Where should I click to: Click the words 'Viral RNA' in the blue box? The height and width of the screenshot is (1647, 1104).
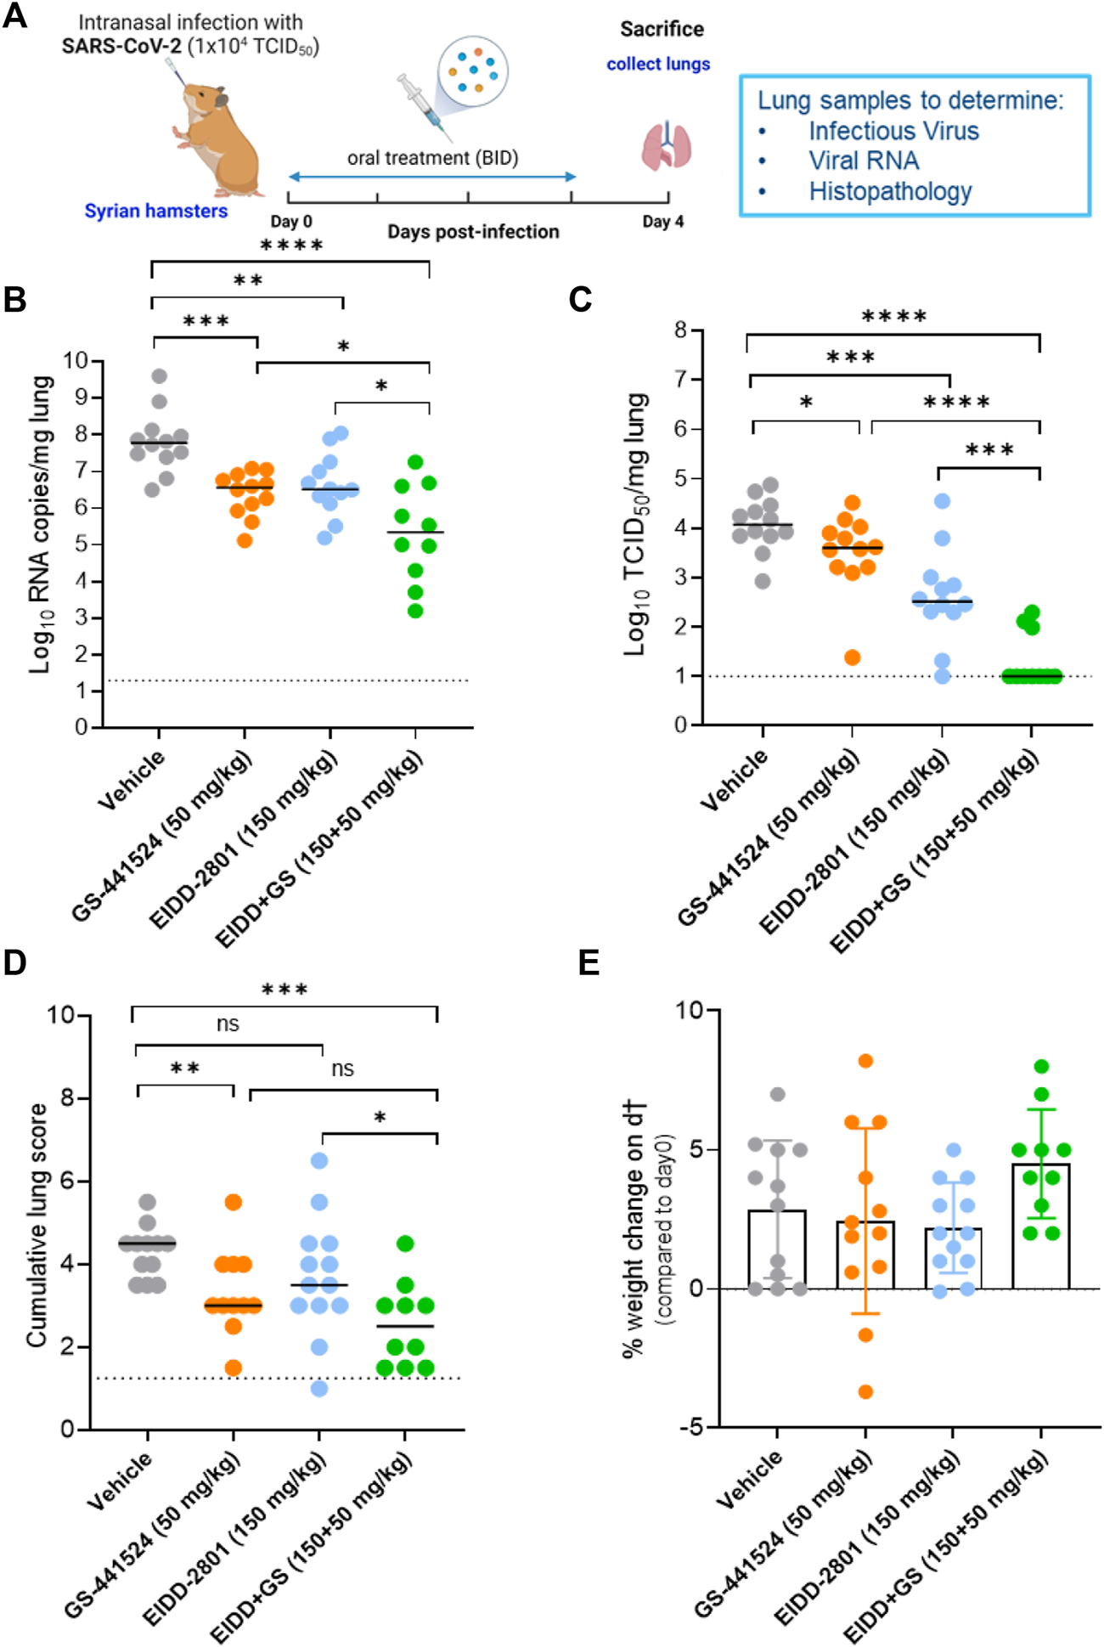864,161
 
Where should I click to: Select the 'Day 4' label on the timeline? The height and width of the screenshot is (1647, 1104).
662,222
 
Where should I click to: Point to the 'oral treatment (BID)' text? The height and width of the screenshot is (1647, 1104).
432,158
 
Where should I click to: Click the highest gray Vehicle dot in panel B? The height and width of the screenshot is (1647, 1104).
159,375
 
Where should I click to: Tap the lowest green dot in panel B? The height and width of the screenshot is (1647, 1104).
415,611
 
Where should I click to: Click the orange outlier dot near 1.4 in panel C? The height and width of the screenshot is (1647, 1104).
853,657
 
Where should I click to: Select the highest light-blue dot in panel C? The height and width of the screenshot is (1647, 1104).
942,501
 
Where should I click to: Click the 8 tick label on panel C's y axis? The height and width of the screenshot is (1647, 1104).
680,330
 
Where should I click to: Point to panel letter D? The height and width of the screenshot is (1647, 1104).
15,962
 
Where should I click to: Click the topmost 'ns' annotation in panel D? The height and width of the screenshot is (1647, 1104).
228,1024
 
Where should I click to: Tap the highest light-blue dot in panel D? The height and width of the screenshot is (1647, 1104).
319,1160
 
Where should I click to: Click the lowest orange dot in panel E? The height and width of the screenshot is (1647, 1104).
865,1391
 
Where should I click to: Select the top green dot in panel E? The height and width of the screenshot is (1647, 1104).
1042,1067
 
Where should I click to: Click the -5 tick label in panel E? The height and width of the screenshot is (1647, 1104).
692,1428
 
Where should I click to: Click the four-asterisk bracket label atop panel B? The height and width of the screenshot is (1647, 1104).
291,246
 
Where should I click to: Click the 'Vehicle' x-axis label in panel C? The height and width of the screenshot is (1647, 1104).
734,779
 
